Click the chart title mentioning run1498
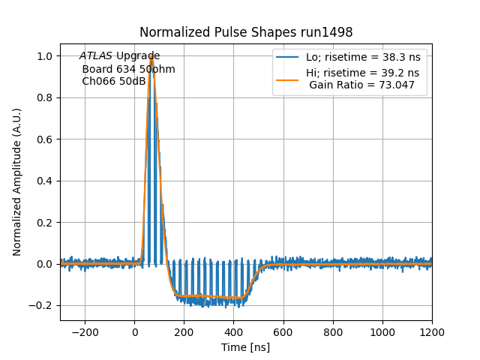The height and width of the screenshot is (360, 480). click(x=246, y=32)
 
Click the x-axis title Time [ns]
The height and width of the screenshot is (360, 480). click(x=246, y=347)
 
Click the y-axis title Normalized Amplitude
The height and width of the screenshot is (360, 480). click(x=17, y=181)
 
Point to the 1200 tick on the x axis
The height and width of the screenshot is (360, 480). click(x=432, y=332)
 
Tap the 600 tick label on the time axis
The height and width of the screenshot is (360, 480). click(x=283, y=332)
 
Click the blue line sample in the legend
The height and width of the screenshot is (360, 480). click(x=287, y=58)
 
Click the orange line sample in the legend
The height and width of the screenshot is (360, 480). click(x=287, y=73)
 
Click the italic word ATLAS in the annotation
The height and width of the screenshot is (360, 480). click(x=96, y=56)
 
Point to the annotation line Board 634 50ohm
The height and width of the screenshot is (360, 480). click(x=129, y=69)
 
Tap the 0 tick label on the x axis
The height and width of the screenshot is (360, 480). click(x=135, y=332)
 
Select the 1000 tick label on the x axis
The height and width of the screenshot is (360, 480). click(x=382, y=332)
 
